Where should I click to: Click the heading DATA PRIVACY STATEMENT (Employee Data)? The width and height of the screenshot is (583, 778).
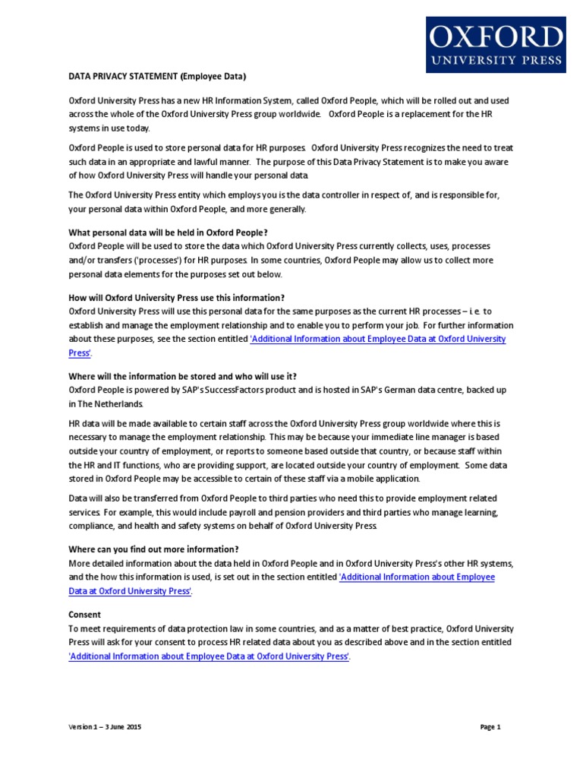point(158,77)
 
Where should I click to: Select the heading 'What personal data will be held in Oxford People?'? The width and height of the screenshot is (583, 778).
point(169,232)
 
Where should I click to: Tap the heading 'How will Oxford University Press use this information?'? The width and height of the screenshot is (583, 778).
point(177,298)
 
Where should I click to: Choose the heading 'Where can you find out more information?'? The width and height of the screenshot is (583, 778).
point(154,549)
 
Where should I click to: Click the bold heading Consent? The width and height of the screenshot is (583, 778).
point(85,615)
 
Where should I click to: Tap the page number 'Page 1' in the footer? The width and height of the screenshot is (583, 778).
point(491,727)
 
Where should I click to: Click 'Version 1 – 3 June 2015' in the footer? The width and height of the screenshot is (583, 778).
point(106,727)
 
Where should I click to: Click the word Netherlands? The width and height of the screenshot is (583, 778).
point(118,403)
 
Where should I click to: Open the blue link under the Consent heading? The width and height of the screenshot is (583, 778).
point(209,656)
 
